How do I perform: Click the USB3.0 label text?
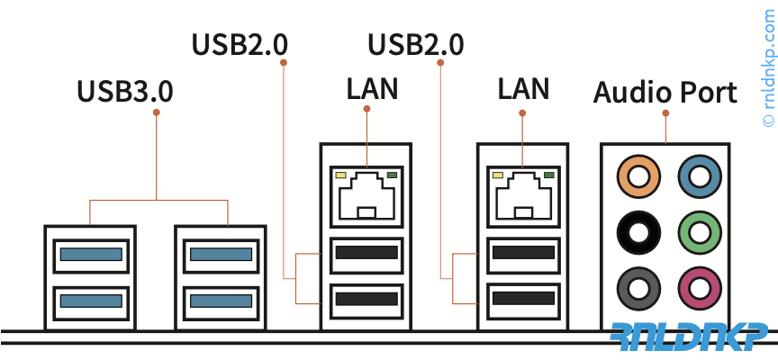(125, 91)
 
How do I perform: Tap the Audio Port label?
(665, 92)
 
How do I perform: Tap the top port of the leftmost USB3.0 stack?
(90, 255)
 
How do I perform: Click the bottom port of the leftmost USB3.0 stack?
(90, 298)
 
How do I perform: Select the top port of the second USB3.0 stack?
(220, 255)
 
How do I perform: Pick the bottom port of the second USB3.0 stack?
(220, 298)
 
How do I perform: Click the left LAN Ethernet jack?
(366, 197)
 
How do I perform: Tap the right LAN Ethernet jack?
(522, 197)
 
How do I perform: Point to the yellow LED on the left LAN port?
(341, 175)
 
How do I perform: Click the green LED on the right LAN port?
(547, 175)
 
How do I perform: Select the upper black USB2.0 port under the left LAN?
(366, 254)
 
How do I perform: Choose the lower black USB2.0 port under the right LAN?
(522, 298)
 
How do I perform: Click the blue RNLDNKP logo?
(691, 335)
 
